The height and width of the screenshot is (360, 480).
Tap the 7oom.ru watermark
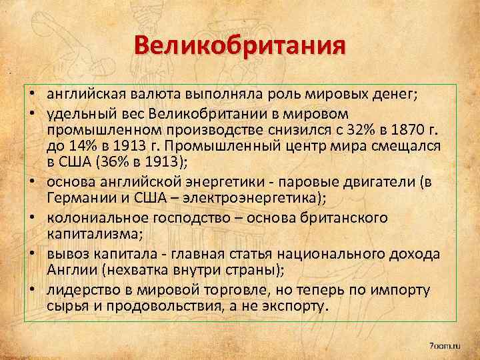(x=445, y=345)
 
